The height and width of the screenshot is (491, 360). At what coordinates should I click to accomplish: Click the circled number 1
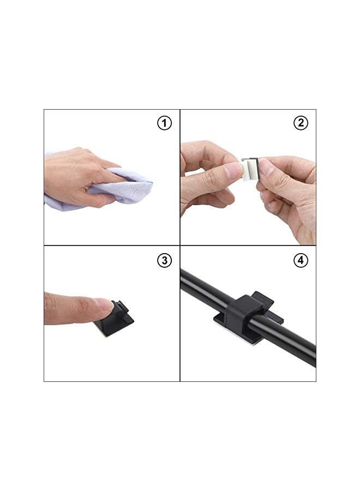tap(164, 123)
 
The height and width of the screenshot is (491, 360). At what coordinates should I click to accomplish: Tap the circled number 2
tap(301, 123)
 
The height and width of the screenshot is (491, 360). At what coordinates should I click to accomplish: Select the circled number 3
tap(164, 260)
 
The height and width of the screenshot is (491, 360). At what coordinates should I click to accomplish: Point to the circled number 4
tap(301, 260)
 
